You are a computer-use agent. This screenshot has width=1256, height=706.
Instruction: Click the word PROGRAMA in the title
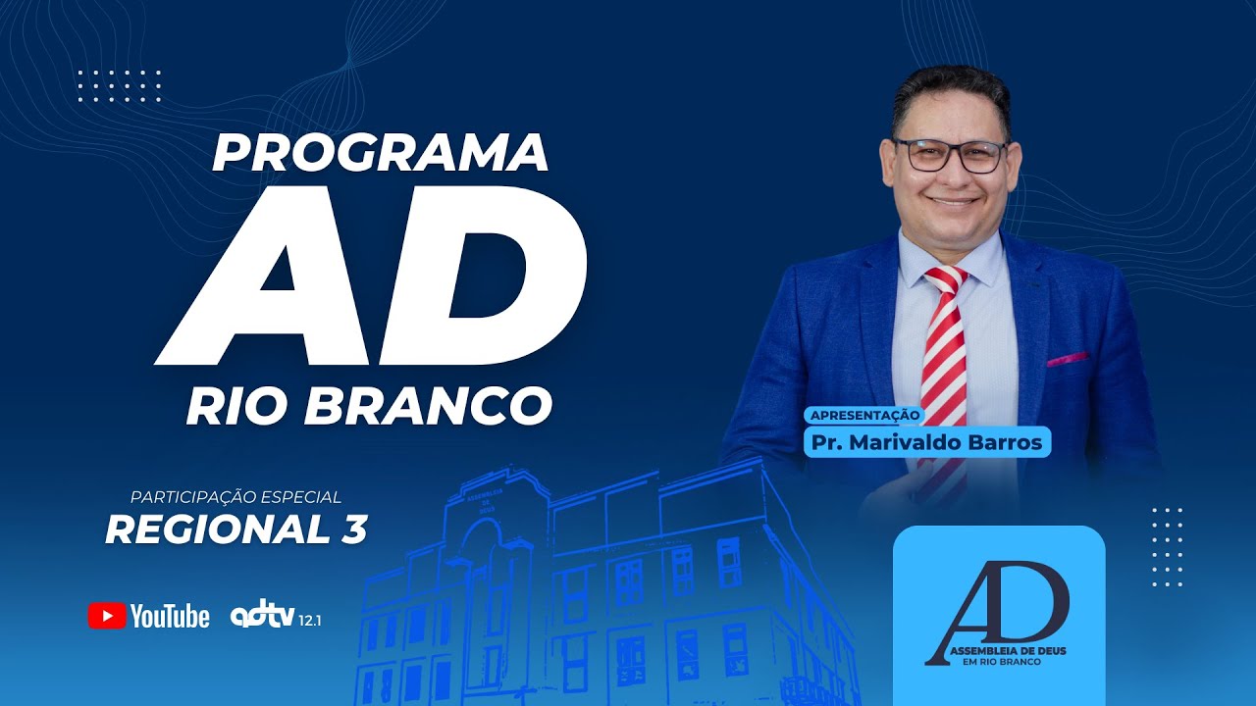(380, 152)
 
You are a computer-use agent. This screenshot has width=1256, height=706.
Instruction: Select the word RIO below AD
(236, 406)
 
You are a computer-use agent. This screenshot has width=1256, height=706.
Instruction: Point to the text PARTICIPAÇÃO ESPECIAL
(235, 497)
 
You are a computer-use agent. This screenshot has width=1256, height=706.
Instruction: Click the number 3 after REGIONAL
(354, 529)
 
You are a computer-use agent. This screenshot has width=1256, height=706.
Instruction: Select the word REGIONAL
(218, 529)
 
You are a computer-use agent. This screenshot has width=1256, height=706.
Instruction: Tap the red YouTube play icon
(106, 616)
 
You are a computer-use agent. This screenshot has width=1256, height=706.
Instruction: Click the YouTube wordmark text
(170, 616)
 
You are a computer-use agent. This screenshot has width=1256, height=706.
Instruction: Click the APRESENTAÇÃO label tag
(863, 415)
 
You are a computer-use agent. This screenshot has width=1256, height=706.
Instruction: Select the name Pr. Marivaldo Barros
(927, 442)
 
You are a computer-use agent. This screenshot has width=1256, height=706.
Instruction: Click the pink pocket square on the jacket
(1067, 359)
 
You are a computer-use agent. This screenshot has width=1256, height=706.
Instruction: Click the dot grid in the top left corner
(119, 85)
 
